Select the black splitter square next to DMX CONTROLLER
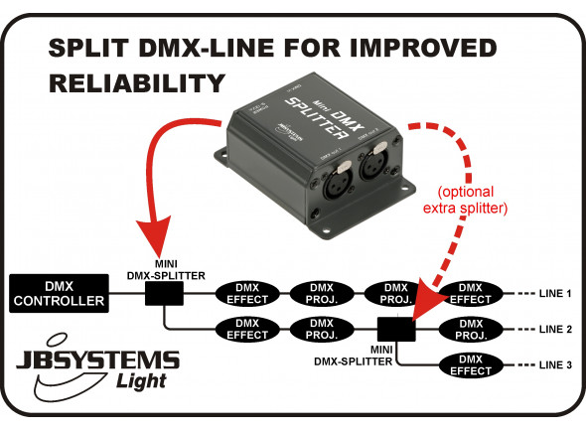162,294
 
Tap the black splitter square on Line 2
396,327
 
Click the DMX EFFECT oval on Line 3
473,364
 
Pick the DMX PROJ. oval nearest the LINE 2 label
473,328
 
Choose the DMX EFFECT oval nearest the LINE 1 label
473,293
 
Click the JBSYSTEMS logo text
104,359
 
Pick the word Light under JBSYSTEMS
141,381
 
